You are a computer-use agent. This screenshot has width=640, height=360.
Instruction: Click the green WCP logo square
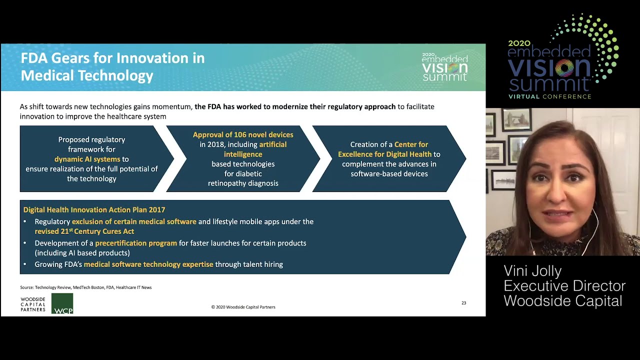pos(62,303)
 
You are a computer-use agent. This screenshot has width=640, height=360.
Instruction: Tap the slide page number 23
pos(463,303)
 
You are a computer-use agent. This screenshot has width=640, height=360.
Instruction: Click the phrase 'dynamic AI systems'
pos(87,159)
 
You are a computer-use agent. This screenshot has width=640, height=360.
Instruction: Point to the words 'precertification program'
pos(136,243)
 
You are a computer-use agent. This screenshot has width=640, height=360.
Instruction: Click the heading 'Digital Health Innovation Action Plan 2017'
pos(94,209)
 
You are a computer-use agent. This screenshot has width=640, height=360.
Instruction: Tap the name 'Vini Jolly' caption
pos(532,271)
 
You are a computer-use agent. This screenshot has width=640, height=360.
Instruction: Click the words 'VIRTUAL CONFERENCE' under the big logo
pos(549,96)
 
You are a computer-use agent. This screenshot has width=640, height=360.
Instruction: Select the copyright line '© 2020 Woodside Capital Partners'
pos(243,307)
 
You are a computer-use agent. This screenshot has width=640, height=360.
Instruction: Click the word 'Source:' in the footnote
pos(27,287)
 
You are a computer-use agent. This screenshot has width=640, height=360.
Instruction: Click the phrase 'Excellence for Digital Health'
pos(384,154)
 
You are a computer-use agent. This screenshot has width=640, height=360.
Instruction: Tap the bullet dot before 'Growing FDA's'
pos(25,264)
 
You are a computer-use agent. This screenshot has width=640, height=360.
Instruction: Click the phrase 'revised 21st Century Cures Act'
pos(84,231)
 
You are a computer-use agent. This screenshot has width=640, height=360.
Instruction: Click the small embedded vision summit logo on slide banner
pos(445,67)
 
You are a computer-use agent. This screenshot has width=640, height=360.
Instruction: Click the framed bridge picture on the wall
pos(516,120)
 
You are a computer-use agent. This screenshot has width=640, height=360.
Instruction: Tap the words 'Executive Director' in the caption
pos(564,286)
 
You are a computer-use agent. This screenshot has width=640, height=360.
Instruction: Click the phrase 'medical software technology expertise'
pos(148,264)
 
